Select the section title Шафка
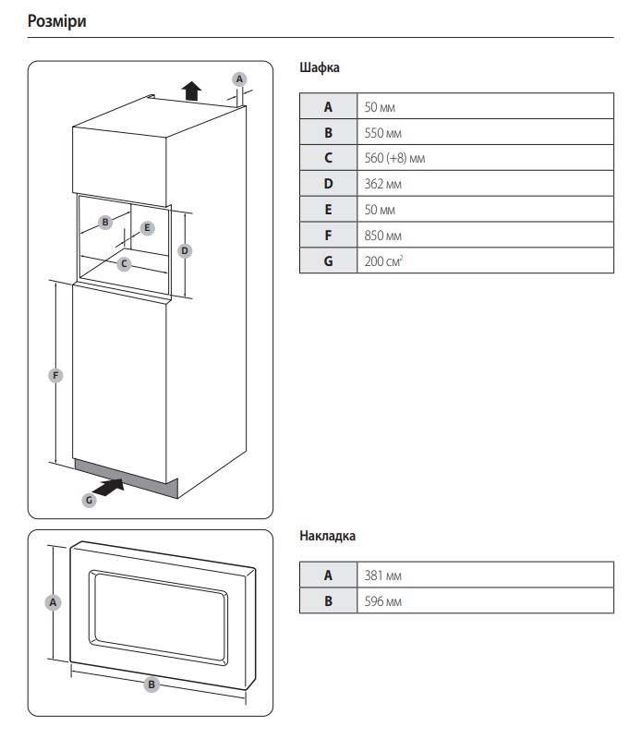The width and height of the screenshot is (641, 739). (x=320, y=67)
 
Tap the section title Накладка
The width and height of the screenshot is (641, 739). (x=327, y=536)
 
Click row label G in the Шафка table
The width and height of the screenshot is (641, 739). (x=328, y=261)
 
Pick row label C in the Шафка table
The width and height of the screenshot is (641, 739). (x=328, y=158)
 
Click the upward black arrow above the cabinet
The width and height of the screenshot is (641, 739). (x=191, y=90)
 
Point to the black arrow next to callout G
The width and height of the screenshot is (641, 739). (x=110, y=486)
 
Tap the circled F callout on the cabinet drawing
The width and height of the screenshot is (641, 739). (x=56, y=375)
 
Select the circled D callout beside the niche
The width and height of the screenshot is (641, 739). (x=185, y=250)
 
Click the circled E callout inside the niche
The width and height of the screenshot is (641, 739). (x=147, y=227)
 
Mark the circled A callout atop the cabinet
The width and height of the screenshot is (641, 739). (x=238, y=79)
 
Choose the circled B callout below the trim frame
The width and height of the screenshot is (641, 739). (x=152, y=684)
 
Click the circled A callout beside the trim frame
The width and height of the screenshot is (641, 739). (x=53, y=601)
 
